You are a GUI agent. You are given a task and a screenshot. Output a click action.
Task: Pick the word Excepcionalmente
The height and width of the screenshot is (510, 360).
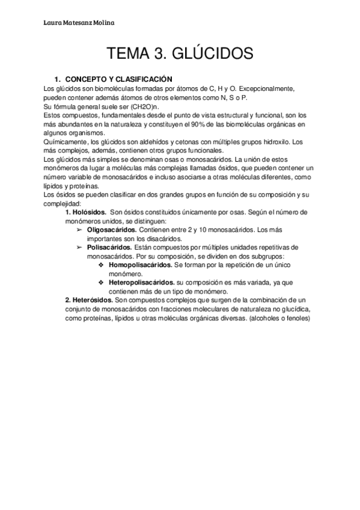pyautogui.click(x=263, y=88)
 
